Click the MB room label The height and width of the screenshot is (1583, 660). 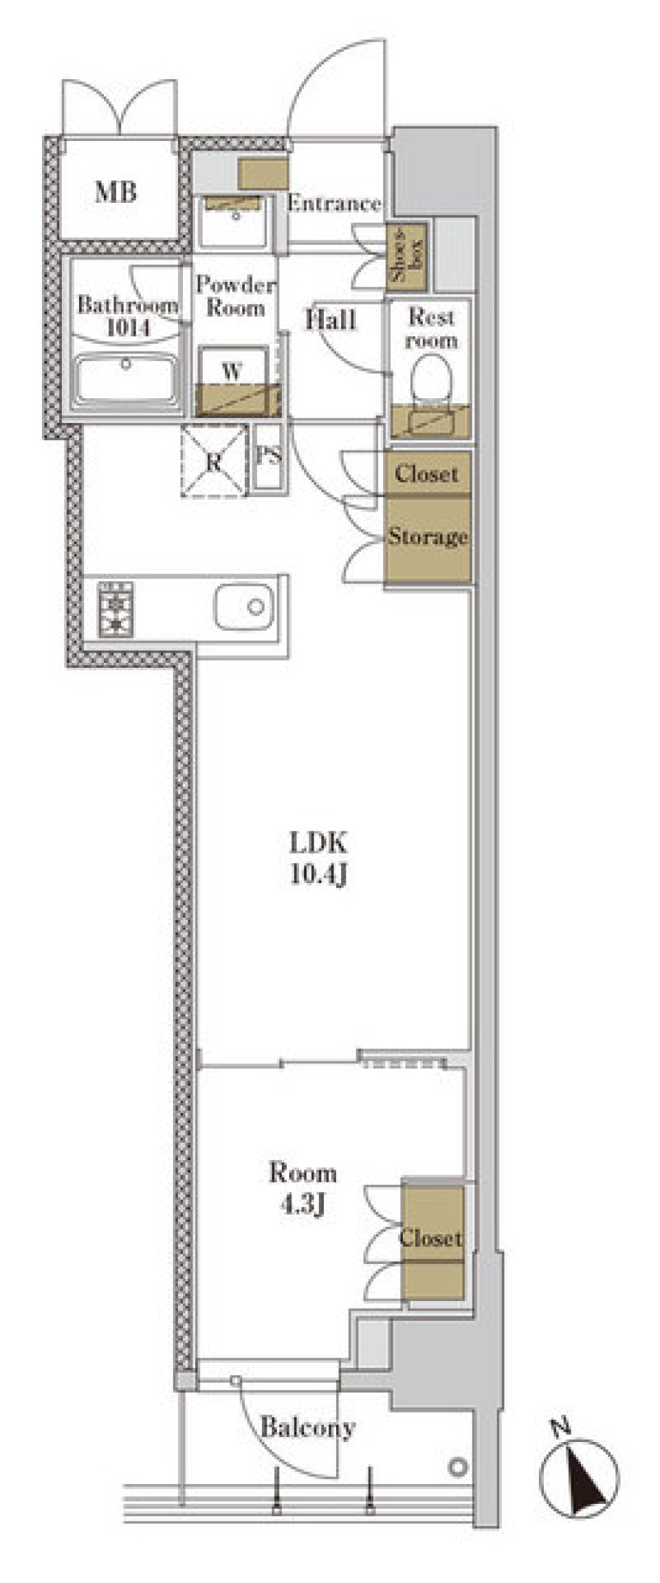click(115, 191)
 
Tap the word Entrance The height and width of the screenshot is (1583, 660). click(334, 203)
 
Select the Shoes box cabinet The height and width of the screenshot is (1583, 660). click(406, 256)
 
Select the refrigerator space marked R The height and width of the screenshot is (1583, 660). click(214, 461)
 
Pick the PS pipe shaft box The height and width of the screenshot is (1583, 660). click(268, 456)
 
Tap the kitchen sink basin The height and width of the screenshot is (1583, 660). click(243, 607)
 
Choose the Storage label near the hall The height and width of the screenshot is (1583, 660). click(428, 537)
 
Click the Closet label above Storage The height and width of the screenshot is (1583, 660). click(427, 474)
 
